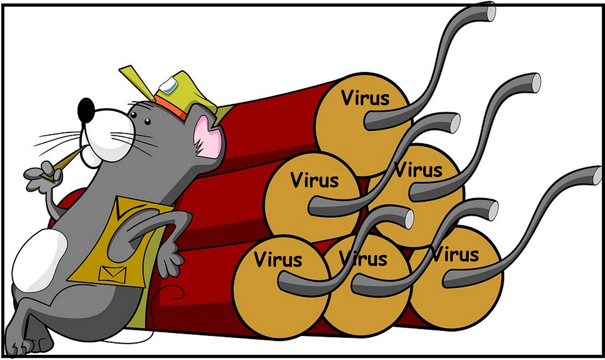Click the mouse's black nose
pyautogui.click(x=86, y=110)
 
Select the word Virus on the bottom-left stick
pyautogui.click(x=278, y=259)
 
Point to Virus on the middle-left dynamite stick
pyautogui.click(x=315, y=180)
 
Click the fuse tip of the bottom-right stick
pyautogui.click(x=597, y=175)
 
